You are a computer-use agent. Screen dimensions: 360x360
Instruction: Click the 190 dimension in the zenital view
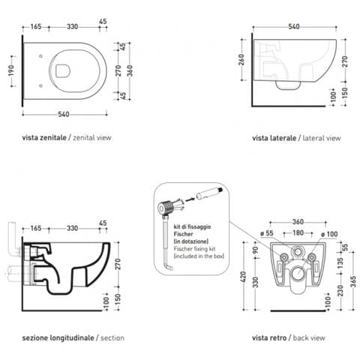click(11, 70)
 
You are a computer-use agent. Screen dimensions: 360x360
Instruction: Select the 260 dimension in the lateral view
click(241, 60)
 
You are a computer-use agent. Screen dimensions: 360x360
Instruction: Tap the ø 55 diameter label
click(267, 233)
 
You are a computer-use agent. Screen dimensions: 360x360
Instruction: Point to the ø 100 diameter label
click(329, 234)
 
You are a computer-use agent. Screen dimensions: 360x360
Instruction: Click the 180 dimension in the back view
click(298, 232)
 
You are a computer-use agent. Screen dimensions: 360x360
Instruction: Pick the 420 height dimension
click(243, 277)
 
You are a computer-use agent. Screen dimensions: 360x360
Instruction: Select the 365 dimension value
click(353, 281)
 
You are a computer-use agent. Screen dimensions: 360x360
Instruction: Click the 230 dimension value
click(340, 290)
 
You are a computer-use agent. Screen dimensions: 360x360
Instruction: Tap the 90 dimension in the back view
click(255, 250)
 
